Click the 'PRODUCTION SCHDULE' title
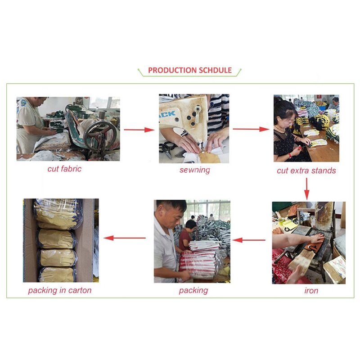point(190,70)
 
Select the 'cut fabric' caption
point(64,169)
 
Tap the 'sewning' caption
point(194,170)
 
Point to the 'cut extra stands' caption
point(306,171)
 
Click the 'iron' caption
point(311,290)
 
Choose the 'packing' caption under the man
point(193,290)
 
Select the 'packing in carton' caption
point(59,290)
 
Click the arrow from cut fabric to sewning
point(139,130)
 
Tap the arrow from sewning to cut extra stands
point(257,129)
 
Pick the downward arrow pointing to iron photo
point(307,189)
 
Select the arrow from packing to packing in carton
point(125,238)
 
